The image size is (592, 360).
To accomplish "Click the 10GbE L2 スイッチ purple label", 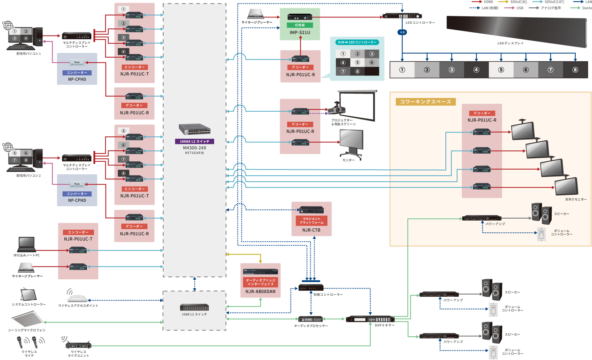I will point(194,141).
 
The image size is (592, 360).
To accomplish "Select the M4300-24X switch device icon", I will point(195,129).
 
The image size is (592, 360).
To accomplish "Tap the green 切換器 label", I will point(300,25).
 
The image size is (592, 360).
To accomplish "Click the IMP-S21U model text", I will point(300,33).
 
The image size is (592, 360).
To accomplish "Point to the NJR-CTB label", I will point(311,230).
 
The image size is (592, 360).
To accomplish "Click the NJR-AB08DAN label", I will point(260,292).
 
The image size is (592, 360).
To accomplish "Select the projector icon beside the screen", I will point(336,110).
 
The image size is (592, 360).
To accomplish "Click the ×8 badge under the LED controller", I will point(402,32).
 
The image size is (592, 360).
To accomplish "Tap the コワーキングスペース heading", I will point(425,102).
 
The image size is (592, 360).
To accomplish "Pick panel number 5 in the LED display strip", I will point(501,70).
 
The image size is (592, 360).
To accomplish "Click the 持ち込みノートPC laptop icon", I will point(27,245).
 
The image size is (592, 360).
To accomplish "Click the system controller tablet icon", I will point(28,295).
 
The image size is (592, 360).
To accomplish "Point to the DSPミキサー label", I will point(384,326).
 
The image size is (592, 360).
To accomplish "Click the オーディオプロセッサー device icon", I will point(311,319).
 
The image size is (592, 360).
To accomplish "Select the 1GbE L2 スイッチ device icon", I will point(194,307).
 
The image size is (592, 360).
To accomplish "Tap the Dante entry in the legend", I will point(586,8).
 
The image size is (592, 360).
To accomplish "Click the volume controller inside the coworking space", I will point(541,234).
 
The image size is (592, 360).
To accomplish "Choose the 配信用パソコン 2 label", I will point(28,176).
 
